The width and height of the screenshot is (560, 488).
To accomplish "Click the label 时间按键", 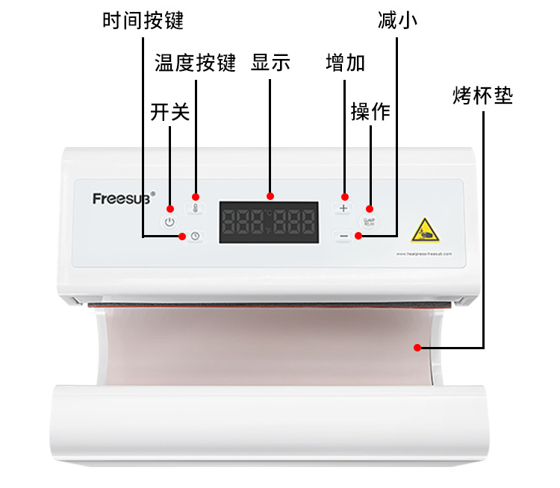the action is pos(143,20).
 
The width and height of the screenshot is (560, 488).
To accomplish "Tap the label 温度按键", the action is pos(195,63).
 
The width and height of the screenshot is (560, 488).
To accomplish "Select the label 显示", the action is pos(270,63).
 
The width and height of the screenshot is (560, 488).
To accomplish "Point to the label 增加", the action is pos(345,63).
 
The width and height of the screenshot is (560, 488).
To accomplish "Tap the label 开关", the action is pos(170,112).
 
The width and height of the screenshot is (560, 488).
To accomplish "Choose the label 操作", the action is pos(370,112).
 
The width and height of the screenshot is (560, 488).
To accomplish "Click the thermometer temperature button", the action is pos(196,209).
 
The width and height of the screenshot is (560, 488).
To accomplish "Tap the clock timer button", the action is pos(195,237).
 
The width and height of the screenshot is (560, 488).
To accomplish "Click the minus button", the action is pos(343,237).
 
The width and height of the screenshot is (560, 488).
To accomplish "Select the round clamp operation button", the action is pos(369,222).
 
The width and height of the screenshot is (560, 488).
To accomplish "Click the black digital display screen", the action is pos(269,222).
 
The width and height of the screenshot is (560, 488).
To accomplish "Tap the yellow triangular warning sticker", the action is pos(425,231).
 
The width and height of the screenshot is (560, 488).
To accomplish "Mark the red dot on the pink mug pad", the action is pos(418,347).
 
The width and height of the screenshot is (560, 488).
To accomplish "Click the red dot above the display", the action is pos(270,196).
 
